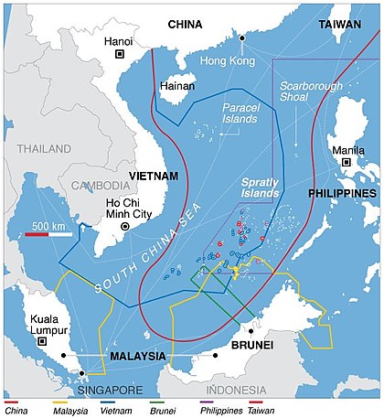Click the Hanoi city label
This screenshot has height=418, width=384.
point(119,40)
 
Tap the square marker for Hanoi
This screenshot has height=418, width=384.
point(119,55)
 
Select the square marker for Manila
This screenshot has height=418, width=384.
point(347,162)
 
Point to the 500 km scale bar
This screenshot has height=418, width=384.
point(48,234)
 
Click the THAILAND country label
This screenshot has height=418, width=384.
point(35,147)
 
